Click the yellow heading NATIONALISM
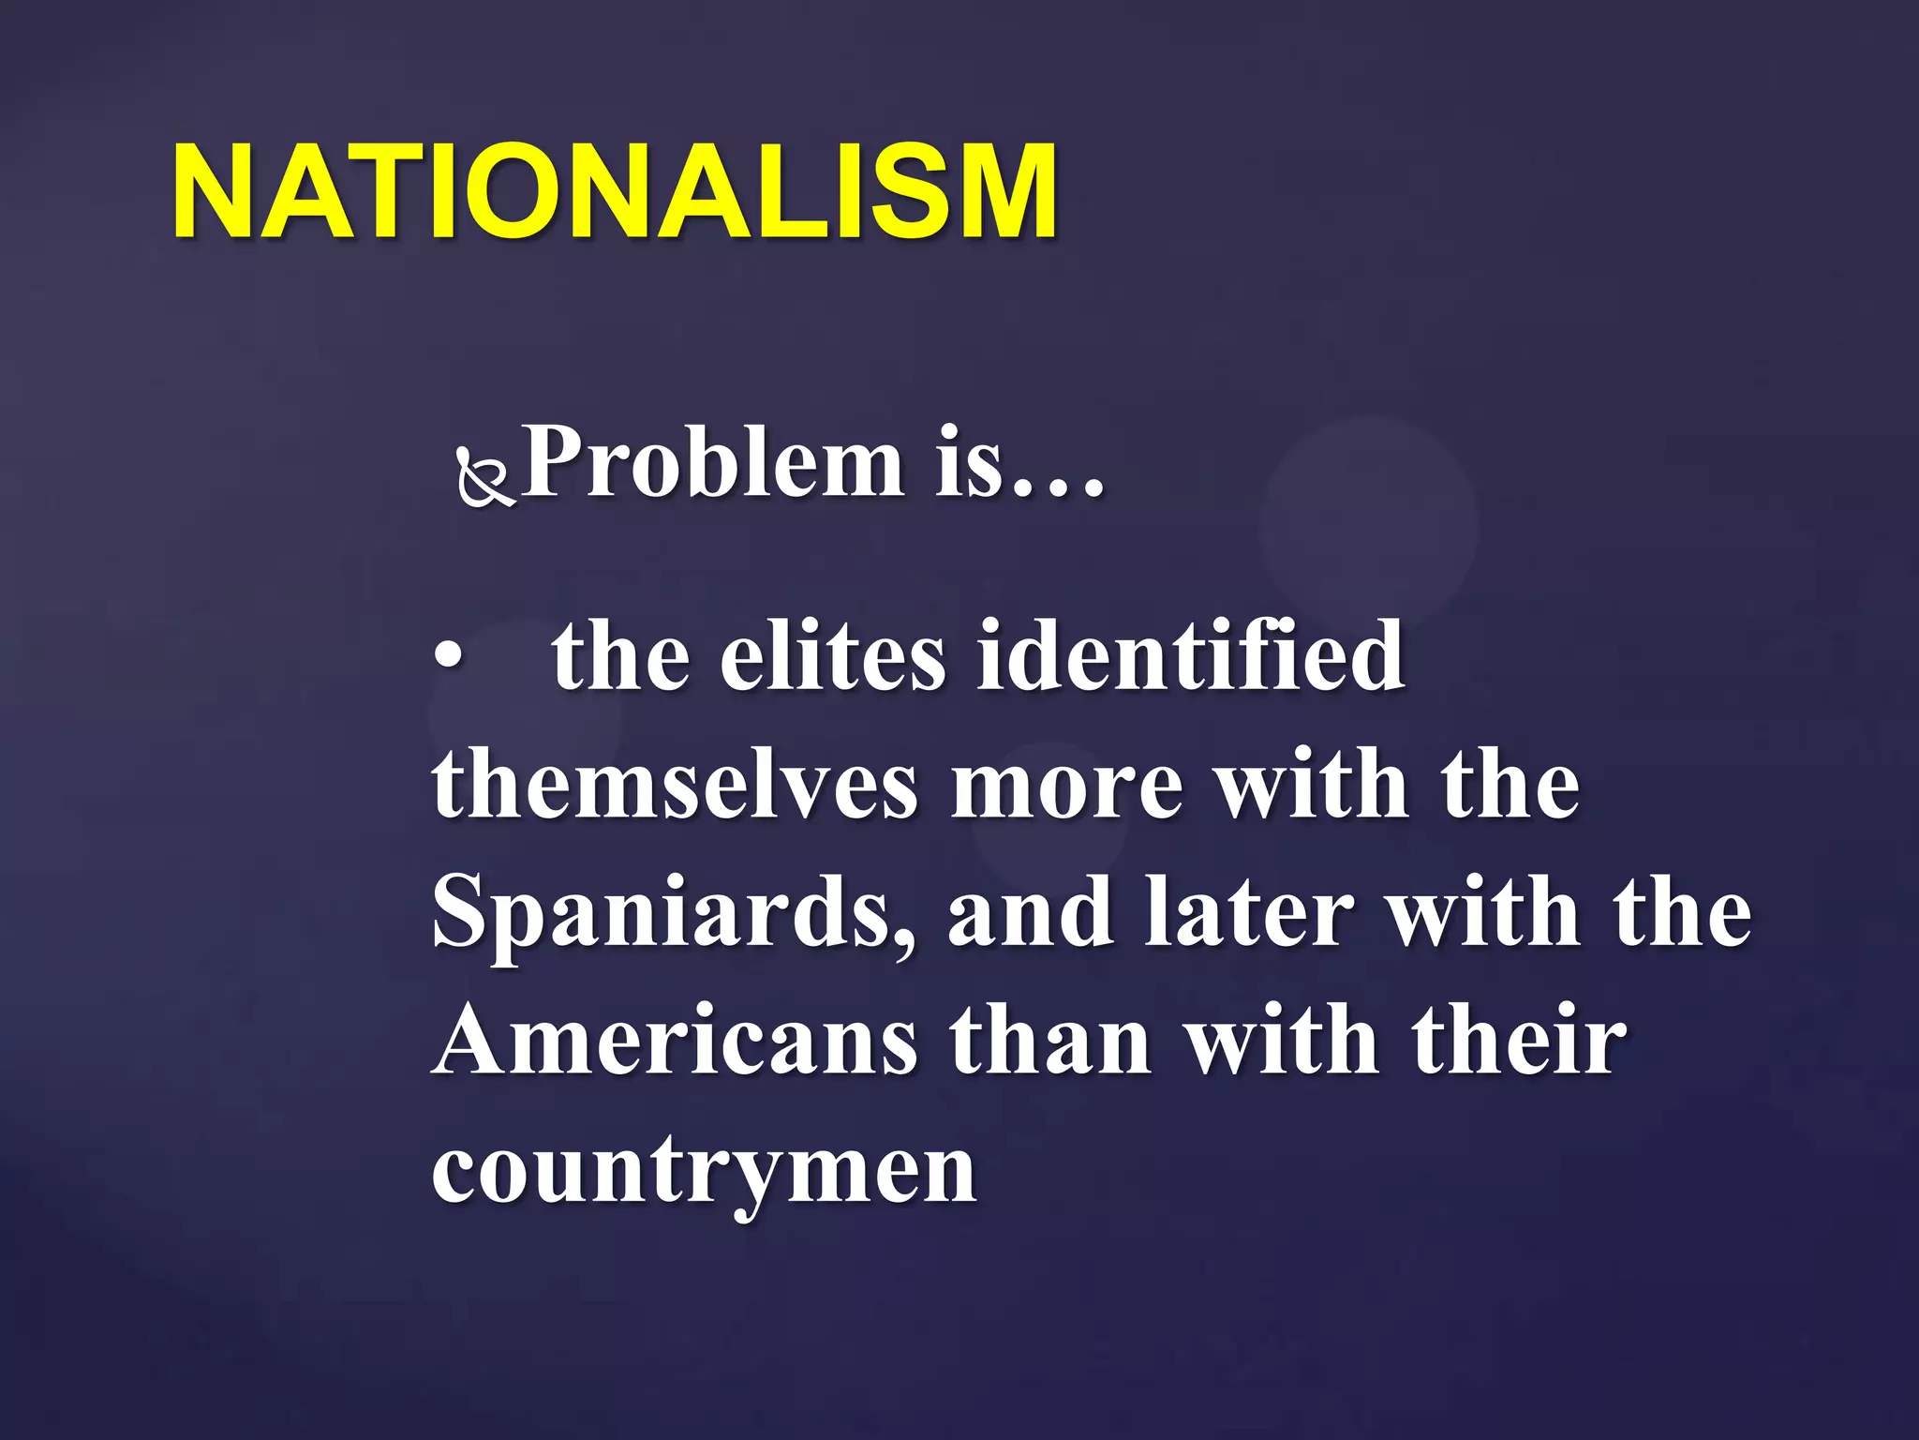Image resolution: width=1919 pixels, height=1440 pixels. pos(616,192)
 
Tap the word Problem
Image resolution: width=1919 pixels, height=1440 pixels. pos(713,462)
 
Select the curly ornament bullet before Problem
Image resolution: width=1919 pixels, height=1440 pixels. pos(484,476)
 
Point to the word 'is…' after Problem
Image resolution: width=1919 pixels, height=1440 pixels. pos(1020,462)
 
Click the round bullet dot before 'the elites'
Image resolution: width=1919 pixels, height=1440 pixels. pos(449,655)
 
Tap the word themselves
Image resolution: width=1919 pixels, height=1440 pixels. pos(675,785)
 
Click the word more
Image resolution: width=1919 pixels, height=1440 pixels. pos(1067,785)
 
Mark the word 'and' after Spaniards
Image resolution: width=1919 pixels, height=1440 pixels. pos(1030,914)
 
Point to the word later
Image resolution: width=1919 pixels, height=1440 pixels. pos(1249,914)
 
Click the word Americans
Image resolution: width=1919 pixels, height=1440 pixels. pos(676,1042)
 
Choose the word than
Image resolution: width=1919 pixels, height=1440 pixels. pos(1050,1042)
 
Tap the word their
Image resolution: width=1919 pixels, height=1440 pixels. pos(1520,1042)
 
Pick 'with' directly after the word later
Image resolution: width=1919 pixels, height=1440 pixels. pos(1484,914)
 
